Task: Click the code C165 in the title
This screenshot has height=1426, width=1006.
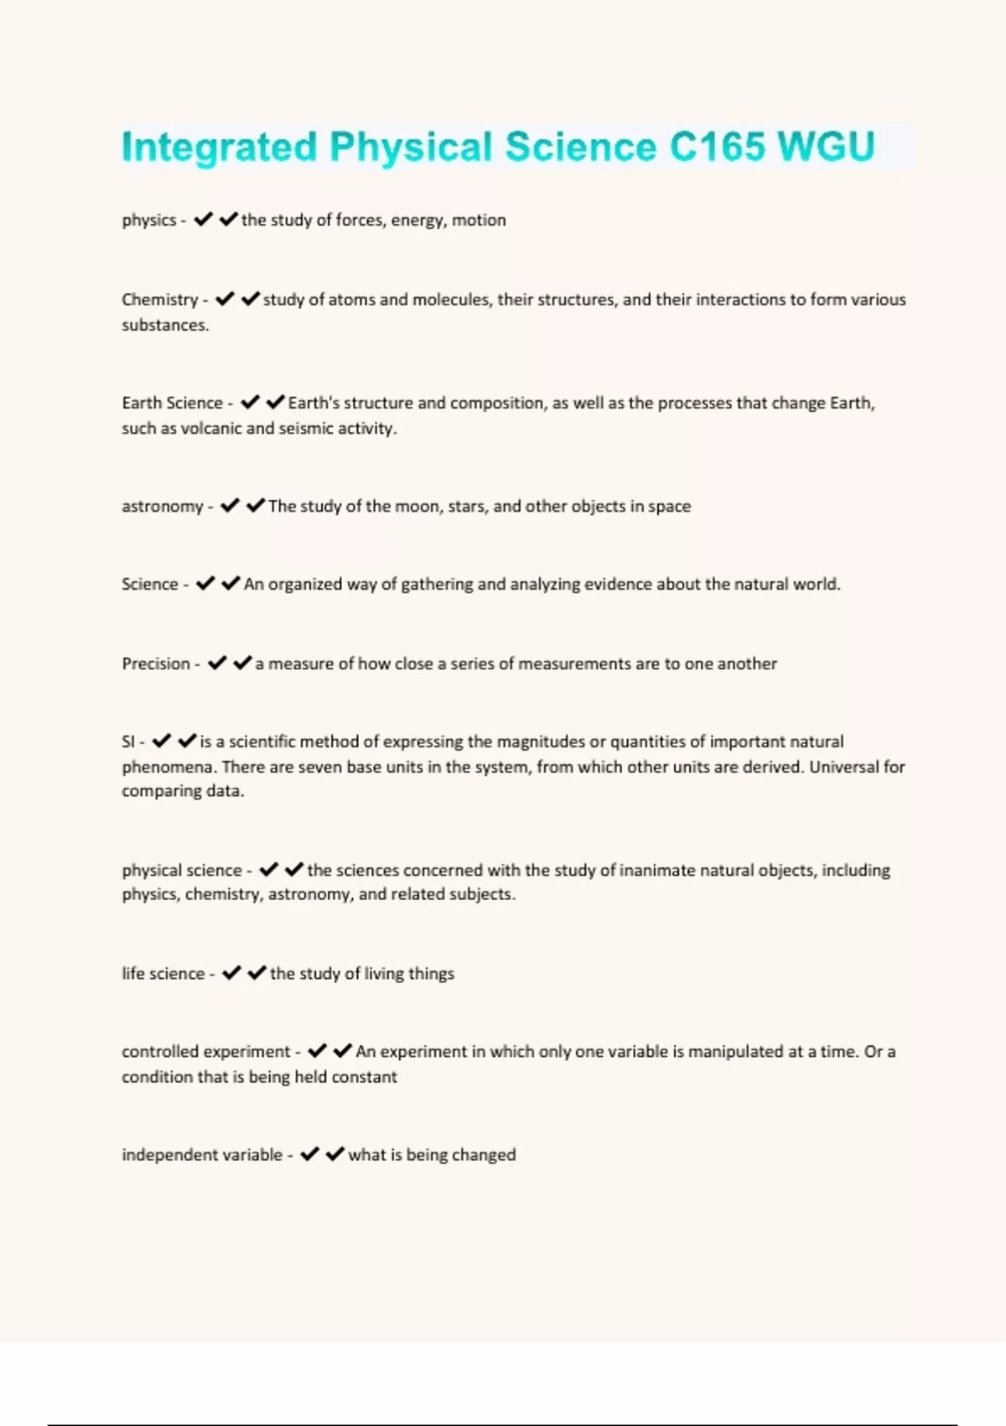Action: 717,147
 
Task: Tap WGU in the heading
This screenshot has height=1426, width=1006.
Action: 827,147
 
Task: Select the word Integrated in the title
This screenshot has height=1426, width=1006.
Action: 219,148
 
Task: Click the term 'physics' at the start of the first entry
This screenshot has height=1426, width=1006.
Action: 148,221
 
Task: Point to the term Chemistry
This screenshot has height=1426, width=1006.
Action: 159,299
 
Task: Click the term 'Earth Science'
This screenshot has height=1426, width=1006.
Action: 172,403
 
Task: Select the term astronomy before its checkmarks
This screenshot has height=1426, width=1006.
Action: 162,507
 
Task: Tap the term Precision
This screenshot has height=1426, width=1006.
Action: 156,664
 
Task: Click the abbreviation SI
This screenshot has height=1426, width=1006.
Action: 128,742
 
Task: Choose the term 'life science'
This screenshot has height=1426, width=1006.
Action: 163,974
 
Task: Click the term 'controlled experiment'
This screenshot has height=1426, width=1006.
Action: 205,1052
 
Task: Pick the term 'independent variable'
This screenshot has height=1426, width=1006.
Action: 202,1155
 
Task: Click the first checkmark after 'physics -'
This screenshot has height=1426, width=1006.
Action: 203,220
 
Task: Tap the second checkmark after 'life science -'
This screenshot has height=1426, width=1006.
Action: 257,973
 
